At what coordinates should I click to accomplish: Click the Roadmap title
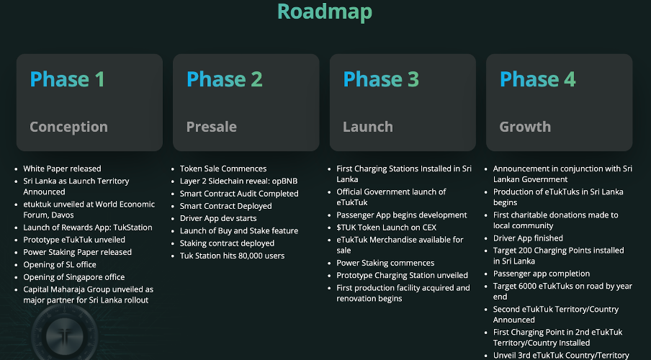pos(325,12)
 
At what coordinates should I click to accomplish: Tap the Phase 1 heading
pos(67,79)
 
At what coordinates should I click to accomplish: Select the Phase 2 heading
pos(224,79)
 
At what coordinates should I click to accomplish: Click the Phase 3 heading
pos(381,79)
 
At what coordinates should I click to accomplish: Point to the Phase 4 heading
pos(538,79)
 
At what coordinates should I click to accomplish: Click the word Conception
pos(68,127)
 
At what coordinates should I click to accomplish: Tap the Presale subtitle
pos(211,127)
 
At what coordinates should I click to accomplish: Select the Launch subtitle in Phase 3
pos(368,127)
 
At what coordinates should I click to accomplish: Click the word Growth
pos(525,127)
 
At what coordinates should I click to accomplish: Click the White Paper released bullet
pos(62,168)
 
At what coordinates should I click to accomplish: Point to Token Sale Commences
pos(223,168)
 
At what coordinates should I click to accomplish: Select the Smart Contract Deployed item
pos(225,206)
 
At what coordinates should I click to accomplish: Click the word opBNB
pos(284,181)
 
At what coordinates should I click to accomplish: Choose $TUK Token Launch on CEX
pos(386,228)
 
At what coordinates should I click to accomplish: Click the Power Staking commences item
pos(385,263)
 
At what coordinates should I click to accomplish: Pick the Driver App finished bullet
pos(528,238)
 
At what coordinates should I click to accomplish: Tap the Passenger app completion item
pos(541,274)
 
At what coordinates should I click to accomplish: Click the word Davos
pos(63,215)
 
